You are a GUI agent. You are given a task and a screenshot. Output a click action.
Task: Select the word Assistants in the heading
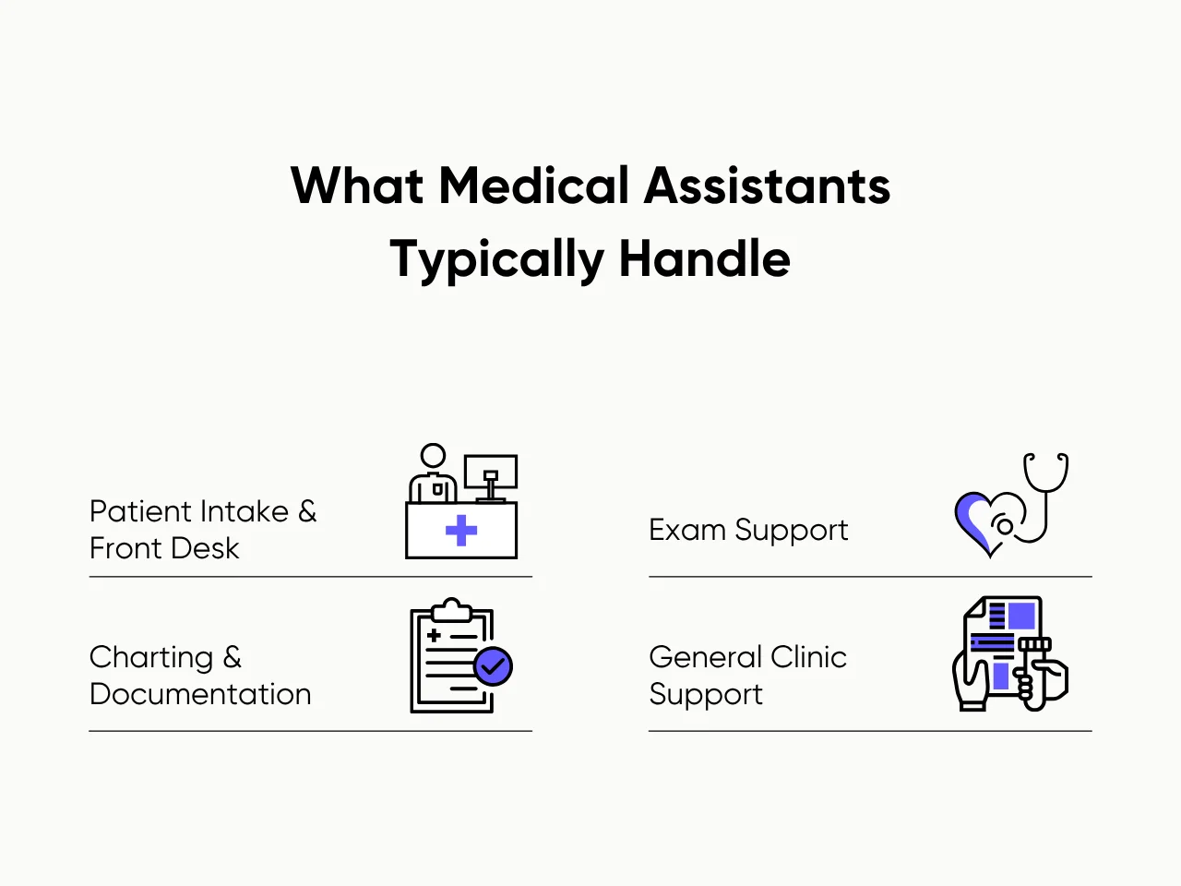click(767, 186)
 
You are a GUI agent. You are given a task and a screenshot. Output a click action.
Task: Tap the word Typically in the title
click(495, 259)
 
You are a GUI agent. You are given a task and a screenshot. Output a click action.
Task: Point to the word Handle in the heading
click(704, 258)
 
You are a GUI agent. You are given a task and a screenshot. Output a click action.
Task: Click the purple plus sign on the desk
click(461, 531)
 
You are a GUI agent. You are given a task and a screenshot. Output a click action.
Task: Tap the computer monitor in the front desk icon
click(491, 472)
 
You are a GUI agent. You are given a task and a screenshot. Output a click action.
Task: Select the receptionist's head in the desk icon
click(433, 456)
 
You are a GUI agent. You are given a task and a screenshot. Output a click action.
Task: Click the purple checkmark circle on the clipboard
click(493, 665)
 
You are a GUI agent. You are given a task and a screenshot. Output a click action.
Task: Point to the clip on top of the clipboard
click(452, 610)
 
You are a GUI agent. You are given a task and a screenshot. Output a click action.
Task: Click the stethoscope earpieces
click(1046, 459)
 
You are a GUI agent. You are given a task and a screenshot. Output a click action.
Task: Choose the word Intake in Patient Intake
click(245, 511)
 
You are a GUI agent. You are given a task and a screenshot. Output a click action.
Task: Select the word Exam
click(687, 530)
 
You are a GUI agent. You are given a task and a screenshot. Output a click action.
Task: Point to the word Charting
click(151, 657)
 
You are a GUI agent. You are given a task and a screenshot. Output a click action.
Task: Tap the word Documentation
click(200, 694)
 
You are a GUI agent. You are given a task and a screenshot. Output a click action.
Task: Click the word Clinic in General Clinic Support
click(808, 657)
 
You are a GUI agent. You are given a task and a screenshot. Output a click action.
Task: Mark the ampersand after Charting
click(233, 657)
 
